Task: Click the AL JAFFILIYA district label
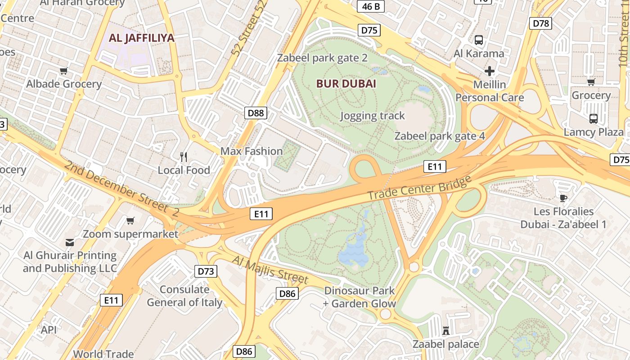click(x=142, y=38)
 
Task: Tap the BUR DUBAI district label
click(x=346, y=84)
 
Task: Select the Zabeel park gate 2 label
click(x=322, y=58)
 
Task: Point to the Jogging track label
click(x=373, y=116)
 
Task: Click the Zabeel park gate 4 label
click(x=440, y=136)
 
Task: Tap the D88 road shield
click(x=256, y=112)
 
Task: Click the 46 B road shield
click(x=371, y=6)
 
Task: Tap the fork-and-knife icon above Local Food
click(x=184, y=157)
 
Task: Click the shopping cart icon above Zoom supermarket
click(x=130, y=220)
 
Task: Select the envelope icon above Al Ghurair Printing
click(x=70, y=243)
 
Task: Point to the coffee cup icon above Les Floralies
click(x=563, y=198)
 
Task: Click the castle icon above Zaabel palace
click(x=446, y=331)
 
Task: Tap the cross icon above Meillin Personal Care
click(x=490, y=71)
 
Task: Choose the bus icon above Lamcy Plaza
click(x=593, y=119)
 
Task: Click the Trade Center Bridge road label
click(x=419, y=188)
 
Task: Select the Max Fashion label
click(x=251, y=151)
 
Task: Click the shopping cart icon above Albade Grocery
click(x=64, y=71)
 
